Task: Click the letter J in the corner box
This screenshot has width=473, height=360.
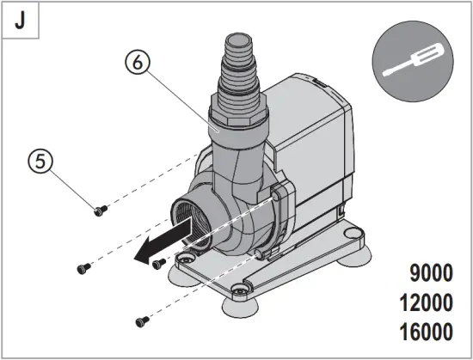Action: coord(19,21)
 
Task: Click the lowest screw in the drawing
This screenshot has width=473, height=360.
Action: coord(140,320)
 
